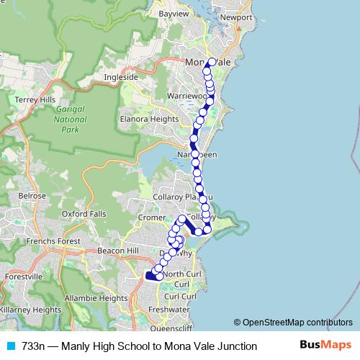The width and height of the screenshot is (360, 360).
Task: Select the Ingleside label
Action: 120,76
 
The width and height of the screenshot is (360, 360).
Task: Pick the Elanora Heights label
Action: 149,119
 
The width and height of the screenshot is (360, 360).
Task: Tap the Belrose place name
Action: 32,195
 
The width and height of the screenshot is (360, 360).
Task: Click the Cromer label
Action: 152,216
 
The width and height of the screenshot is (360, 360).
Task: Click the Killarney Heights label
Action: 30,310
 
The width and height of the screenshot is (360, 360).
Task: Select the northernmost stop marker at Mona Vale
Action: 212,61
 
